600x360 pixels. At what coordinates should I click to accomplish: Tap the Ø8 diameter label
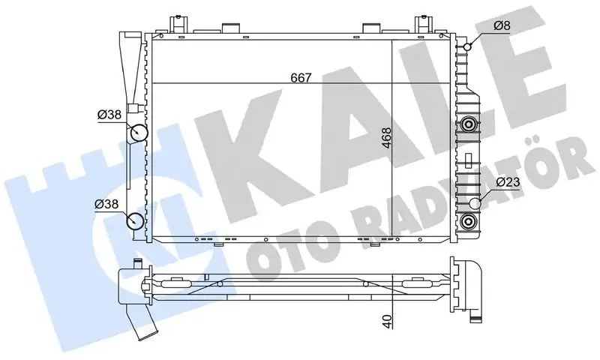tap(502, 26)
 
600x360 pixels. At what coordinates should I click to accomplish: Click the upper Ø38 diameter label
tap(110, 115)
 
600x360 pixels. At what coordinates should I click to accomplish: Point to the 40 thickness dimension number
tap(387, 319)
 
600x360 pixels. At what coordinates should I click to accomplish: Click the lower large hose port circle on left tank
tap(136, 220)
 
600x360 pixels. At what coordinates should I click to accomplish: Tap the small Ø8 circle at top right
tap(467, 46)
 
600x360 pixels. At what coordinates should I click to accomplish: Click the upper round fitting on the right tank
tap(469, 124)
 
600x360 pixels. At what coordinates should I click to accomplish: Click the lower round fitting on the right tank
tap(469, 220)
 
